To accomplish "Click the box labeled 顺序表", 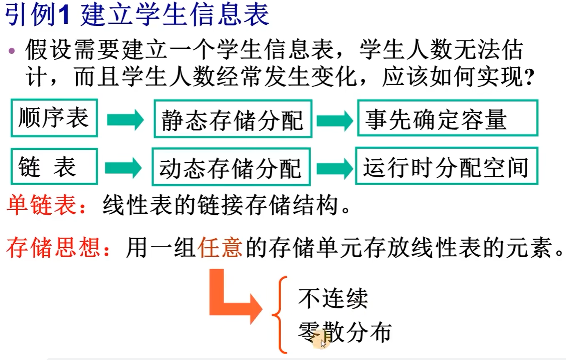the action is tap(54, 118).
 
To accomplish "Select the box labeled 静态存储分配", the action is tap(233, 119).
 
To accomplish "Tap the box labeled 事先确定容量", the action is tap(448, 118).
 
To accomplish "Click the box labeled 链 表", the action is tap(54, 167).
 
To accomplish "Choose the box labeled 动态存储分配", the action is tap(231, 167).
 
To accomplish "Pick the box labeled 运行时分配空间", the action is tap(446, 166).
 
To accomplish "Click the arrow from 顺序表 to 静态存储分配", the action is tap(125, 120).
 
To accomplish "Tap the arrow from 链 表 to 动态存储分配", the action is tap(123, 168).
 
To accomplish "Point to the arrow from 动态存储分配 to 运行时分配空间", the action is tap(334, 168).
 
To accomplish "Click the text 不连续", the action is tap(333, 298).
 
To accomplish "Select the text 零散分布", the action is tap(345, 332).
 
